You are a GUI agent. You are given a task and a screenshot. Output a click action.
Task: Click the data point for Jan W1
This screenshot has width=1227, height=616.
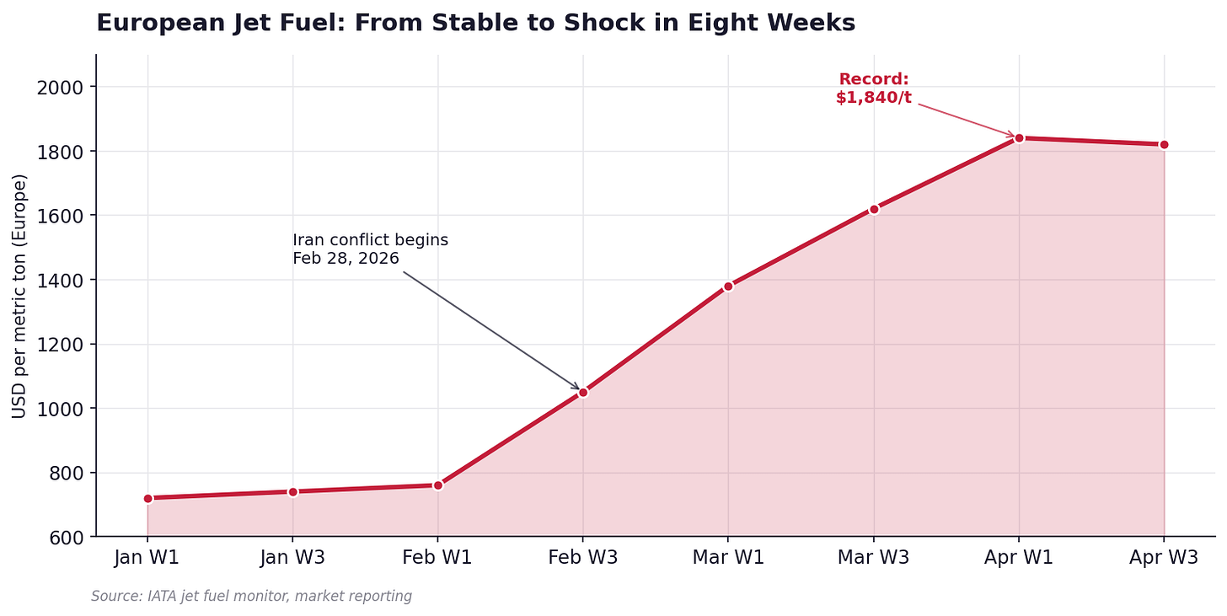coord(148,498)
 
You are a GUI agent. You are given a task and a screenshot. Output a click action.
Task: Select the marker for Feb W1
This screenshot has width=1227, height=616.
coord(438,485)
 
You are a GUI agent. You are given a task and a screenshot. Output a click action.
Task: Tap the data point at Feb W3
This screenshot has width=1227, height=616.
coord(583,393)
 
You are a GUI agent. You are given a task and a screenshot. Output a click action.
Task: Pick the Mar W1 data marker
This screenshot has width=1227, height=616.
coord(728,287)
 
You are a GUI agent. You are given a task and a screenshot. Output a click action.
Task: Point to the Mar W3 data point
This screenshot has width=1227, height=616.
coord(874,209)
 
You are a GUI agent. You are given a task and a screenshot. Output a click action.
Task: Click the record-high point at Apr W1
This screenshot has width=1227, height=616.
coord(1019,138)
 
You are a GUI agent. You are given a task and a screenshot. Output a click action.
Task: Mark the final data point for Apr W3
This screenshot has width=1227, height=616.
coord(1164,145)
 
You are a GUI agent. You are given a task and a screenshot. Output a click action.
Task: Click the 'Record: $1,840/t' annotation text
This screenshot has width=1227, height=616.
coord(874,88)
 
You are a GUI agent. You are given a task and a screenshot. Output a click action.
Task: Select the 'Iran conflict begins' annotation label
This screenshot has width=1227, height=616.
coord(370,240)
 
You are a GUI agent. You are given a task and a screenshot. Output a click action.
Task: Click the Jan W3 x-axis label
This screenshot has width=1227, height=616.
coord(292,557)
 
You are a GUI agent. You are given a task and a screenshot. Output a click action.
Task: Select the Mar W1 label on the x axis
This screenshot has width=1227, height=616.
coord(728,557)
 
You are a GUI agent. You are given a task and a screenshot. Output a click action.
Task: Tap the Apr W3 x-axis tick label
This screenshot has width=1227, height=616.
coord(1164,557)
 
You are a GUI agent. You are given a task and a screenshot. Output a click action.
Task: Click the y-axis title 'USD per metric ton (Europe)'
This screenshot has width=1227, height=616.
coord(19,297)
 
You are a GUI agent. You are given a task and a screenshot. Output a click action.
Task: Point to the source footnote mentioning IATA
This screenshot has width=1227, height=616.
coord(251,596)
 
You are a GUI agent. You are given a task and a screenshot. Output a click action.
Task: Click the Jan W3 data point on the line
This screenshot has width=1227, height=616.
coord(293,492)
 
